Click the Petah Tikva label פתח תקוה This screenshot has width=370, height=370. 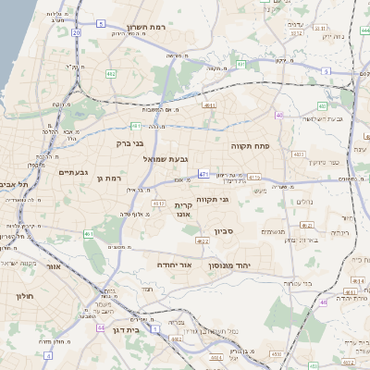[x=250, y=145]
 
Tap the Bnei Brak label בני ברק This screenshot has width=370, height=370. [x=130, y=143]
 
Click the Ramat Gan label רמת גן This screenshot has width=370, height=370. [x=109, y=178]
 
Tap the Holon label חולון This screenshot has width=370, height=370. [x=24, y=296]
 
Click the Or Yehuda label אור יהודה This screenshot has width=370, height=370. [x=174, y=265]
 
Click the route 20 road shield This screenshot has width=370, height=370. [x=75, y=33]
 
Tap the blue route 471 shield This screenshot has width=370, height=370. [x=203, y=173]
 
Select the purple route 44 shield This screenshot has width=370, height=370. [x=100, y=327]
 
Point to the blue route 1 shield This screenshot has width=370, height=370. [x=155, y=329]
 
